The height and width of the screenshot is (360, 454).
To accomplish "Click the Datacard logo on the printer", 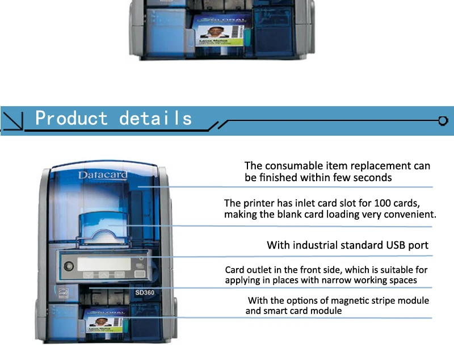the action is [102, 175].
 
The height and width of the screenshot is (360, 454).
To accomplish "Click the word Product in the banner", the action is [71, 118].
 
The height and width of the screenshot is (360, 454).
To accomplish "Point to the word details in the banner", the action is [155, 118].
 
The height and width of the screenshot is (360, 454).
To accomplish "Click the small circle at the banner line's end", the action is [443, 120].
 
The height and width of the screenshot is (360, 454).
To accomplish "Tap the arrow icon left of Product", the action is [13, 120].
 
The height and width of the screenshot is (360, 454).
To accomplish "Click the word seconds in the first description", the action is [372, 178].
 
